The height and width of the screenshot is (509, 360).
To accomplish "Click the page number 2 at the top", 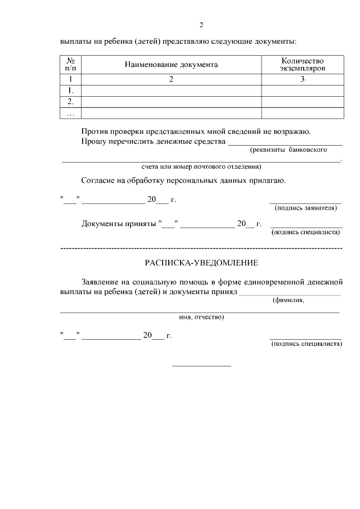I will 201,25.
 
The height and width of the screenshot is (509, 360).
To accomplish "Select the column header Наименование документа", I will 172,65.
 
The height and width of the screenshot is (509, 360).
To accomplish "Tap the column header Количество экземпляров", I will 303,65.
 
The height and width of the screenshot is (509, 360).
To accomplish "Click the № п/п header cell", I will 71,65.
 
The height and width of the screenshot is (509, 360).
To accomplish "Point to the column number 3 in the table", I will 303,79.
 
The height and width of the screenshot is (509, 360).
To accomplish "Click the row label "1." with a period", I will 71,91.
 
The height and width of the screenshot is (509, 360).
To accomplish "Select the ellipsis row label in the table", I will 71,113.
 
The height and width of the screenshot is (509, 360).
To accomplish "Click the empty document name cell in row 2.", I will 172,102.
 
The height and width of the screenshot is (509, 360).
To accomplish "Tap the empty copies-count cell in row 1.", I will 303,91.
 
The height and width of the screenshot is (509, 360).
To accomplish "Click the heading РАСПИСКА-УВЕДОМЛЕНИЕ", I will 201,263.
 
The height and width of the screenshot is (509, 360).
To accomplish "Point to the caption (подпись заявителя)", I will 305,208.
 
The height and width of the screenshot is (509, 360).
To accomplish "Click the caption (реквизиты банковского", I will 289,150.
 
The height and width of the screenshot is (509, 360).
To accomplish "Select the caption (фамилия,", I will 289,300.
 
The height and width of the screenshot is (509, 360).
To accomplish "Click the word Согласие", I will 99,181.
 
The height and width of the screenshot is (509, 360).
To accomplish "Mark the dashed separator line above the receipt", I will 201,247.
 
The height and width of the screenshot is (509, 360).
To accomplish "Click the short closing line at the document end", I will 201,366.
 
